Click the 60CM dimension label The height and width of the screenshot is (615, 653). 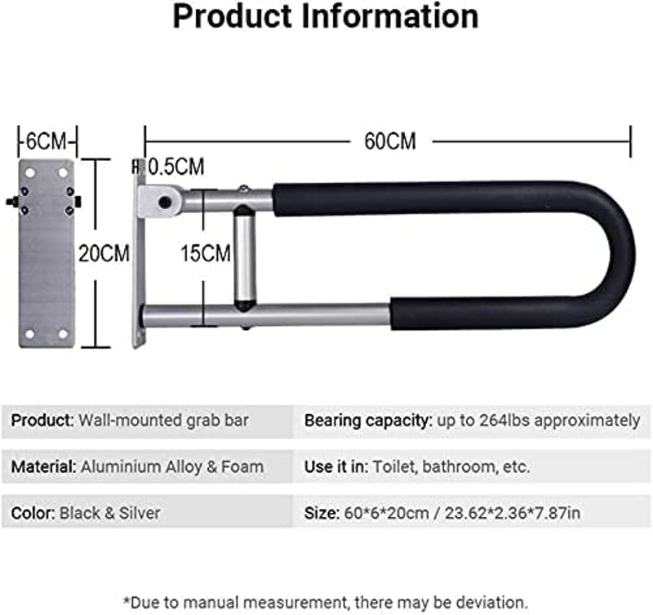point(390,141)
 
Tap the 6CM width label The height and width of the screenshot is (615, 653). point(47,141)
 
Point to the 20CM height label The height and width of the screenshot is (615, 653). point(104,253)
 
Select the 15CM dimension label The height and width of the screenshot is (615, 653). point(206,253)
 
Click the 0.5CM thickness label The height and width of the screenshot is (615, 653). point(176,167)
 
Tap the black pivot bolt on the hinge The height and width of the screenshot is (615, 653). point(165,203)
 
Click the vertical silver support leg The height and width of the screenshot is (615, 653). point(244,259)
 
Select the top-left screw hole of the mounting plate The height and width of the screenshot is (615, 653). point(30,172)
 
